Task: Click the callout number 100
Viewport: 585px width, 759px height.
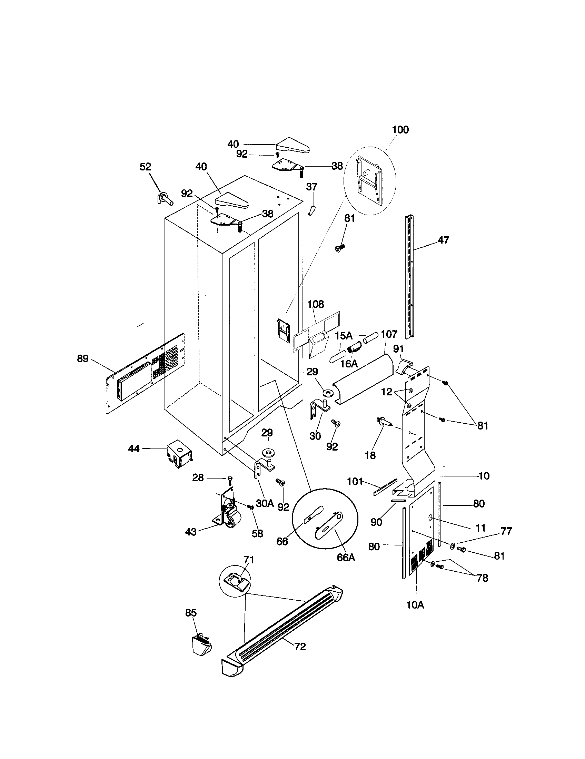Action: click(x=400, y=130)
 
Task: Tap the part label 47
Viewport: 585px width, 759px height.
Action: click(x=443, y=240)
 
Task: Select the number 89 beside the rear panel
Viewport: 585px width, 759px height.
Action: click(x=83, y=358)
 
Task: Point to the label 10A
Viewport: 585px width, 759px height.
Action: click(x=415, y=605)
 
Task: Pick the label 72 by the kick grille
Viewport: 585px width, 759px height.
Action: click(x=300, y=647)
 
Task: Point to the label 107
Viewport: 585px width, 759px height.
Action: click(x=389, y=334)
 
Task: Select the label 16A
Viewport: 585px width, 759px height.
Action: click(x=349, y=364)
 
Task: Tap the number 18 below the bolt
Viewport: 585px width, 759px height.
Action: click(x=370, y=455)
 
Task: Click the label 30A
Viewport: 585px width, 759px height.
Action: click(x=265, y=503)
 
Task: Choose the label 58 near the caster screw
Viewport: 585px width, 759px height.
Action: click(x=257, y=533)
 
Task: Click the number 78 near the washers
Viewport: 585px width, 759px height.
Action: click(x=482, y=578)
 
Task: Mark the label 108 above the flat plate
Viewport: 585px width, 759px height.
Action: click(x=315, y=304)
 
